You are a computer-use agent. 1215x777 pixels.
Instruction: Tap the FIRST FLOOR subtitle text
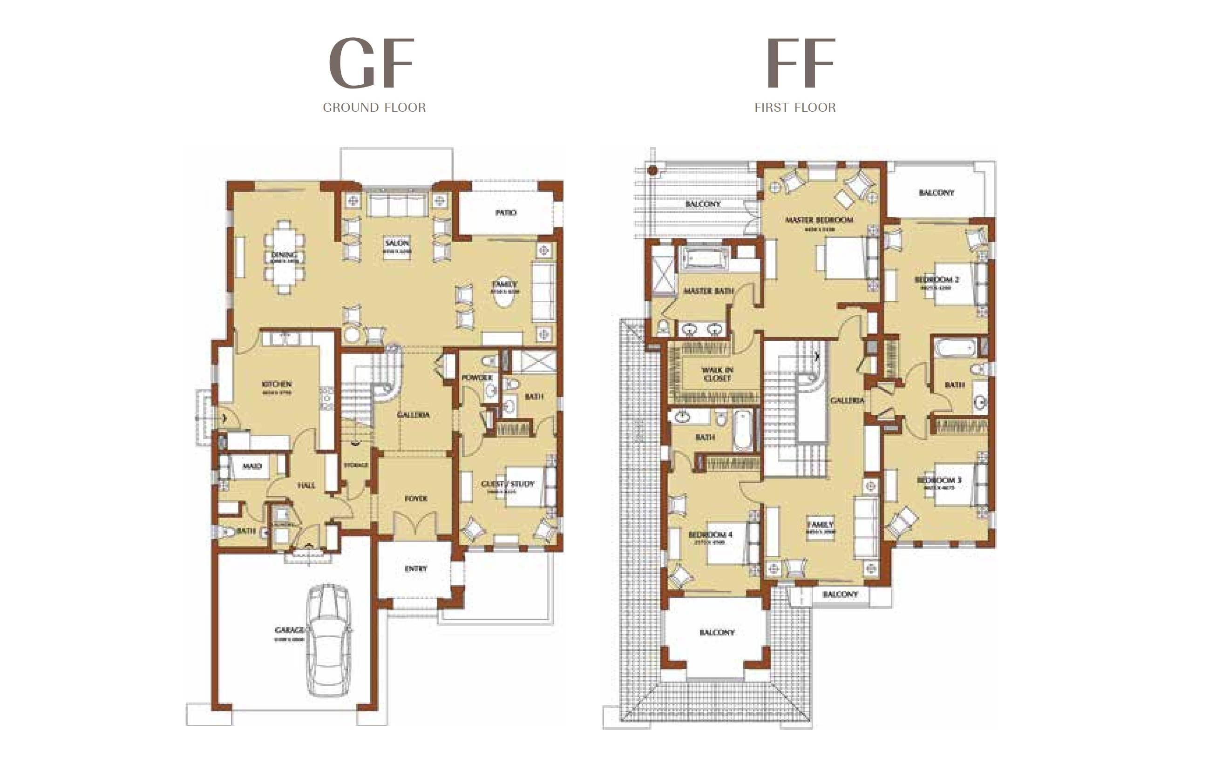[x=794, y=108]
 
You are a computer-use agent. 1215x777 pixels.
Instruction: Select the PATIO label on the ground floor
[x=506, y=213]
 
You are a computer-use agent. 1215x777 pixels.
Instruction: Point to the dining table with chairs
[x=285, y=257]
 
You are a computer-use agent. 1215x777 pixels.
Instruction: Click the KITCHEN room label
[x=277, y=384]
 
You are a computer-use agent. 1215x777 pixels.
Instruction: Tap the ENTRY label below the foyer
[x=416, y=568]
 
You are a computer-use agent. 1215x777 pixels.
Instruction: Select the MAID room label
[x=252, y=466]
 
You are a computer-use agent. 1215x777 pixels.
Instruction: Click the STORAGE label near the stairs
[x=356, y=465]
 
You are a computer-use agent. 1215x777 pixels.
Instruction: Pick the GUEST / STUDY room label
[x=507, y=484]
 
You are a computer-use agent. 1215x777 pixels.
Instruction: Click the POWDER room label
[x=476, y=378]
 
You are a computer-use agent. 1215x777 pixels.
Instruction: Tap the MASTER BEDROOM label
[x=819, y=220]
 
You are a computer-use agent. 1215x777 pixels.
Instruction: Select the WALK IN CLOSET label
[x=717, y=374]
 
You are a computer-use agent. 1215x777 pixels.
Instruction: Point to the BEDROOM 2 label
[x=937, y=279]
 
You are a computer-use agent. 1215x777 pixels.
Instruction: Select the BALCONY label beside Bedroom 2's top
[x=936, y=193]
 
